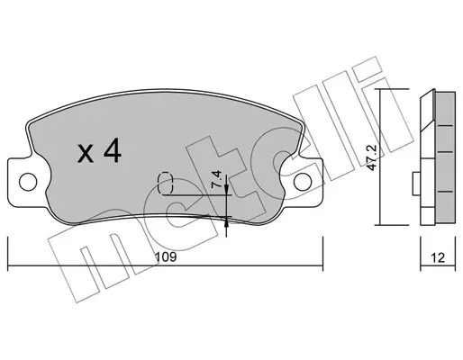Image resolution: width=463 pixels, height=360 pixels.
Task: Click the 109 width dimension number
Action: pos(166,257)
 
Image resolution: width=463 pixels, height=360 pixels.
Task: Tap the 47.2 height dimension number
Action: pos(372,159)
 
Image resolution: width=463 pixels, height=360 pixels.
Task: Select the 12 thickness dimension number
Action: pos(438,257)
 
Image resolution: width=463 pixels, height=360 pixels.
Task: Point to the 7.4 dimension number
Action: pos(216,179)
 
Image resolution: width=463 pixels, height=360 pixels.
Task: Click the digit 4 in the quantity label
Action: pos(113,151)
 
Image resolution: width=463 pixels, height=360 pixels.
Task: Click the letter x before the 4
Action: pos(86,154)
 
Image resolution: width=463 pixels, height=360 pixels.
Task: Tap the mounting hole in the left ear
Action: pos(28,182)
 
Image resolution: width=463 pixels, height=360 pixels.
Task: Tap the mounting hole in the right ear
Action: pos(303,182)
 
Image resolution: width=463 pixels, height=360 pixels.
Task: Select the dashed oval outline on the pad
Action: pos(166,183)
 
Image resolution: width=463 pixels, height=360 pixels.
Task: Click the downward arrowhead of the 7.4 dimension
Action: pos(226,190)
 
